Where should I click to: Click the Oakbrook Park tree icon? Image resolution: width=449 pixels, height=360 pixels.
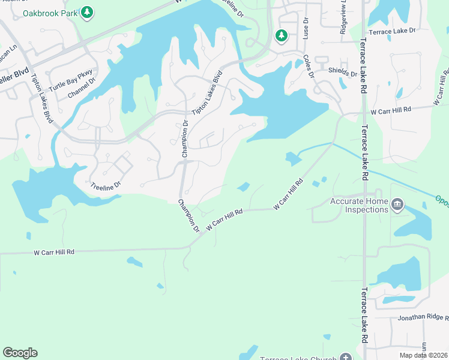[87, 12]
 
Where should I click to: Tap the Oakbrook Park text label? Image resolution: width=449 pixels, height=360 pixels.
[50, 13]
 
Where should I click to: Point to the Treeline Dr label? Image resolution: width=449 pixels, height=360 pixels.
[106, 186]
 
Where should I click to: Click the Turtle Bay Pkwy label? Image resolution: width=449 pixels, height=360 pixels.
[71, 80]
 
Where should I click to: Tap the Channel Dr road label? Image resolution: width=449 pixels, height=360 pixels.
[82, 90]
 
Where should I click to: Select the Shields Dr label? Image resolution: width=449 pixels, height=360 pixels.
[343, 74]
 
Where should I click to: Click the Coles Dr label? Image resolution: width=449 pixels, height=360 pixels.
[309, 67]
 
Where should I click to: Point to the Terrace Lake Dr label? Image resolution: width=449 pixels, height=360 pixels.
[392, 32]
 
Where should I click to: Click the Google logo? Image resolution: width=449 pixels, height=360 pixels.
[20, 353]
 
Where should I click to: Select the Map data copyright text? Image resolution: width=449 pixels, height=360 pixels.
[423, 355]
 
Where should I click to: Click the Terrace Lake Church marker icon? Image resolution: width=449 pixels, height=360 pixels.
[345, 357]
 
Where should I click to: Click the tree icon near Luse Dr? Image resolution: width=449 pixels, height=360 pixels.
[281, 36]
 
